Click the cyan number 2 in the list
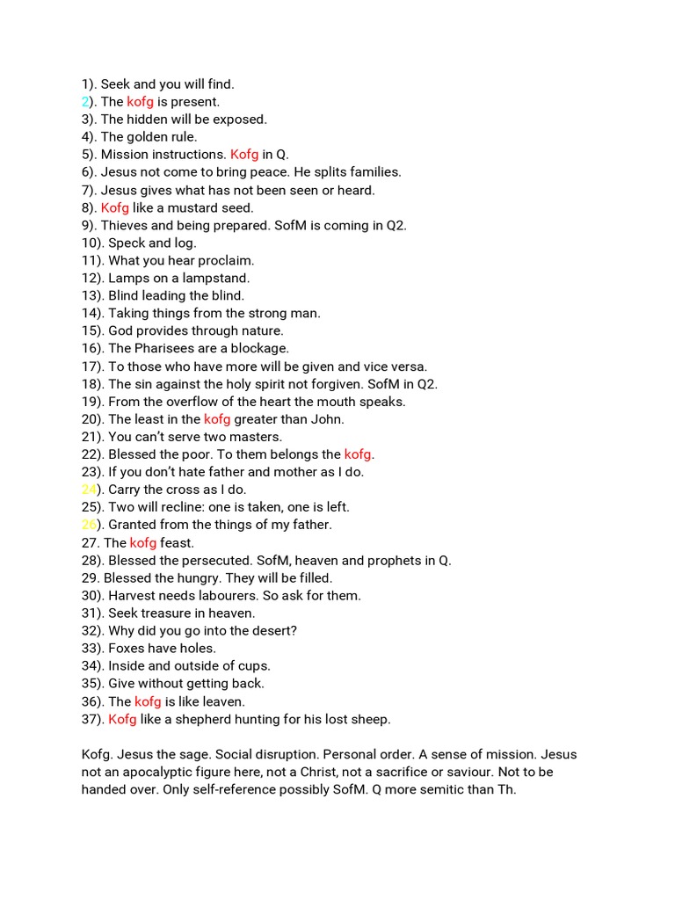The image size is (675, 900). pyautogui.click(x=85, y=102)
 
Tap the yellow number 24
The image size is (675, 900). pyautogui.click(x=89, y=490)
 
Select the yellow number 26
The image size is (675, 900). pyautogui.click(x=89, y=525)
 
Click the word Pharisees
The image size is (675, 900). pyautogui.click(x=171, y=348)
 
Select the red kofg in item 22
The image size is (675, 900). pyautogui.click(x=358, y=454)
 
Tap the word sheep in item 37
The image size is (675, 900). pyautogui.click(x=370, y=719)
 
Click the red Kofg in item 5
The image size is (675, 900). pyautogui.click(x=244, y=155)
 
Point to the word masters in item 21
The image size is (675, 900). pyautogui.click(x=257, y=437)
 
